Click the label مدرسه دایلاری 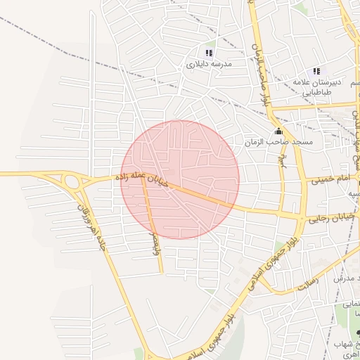208,64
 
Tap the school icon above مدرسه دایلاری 208,53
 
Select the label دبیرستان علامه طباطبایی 318,87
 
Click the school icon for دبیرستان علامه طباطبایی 316,71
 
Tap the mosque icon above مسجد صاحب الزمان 278,131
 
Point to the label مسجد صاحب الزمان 278,142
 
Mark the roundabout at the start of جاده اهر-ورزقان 72,182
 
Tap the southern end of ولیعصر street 162,271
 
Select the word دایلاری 198,64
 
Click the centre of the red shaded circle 180,179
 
